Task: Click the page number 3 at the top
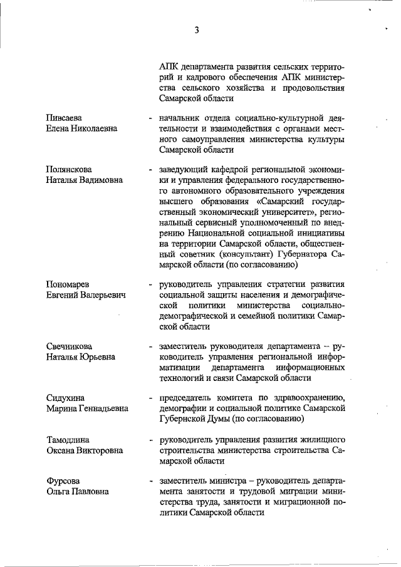pos(196,30)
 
